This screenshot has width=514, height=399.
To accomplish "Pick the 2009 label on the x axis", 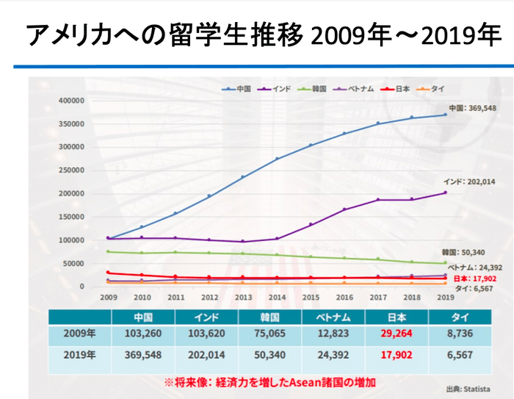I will coord(108,298).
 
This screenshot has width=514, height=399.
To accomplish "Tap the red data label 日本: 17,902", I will coord(469,279).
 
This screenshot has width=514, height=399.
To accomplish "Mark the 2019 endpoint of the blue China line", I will coord(444,115).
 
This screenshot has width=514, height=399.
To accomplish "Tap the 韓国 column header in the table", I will coord(269,317).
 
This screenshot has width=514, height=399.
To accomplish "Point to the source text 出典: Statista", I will coord(468,389).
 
